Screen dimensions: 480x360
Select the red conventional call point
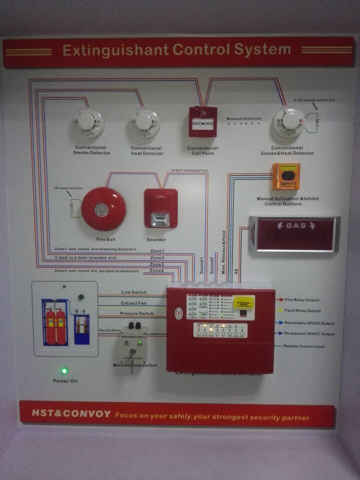point(202,122)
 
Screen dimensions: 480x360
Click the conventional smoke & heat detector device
point(288,122)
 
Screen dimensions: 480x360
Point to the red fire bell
point(103,209)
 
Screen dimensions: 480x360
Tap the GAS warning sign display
point(294,233)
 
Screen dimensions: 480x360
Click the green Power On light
point(64,371)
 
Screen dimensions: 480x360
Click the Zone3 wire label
point(157,264)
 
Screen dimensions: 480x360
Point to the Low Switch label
point(133,292)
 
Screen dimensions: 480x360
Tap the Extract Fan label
point(133,303)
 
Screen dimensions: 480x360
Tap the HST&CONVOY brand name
point(70,414)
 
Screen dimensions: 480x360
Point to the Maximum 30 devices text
point(244,118)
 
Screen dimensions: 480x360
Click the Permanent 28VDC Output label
point(309,333)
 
